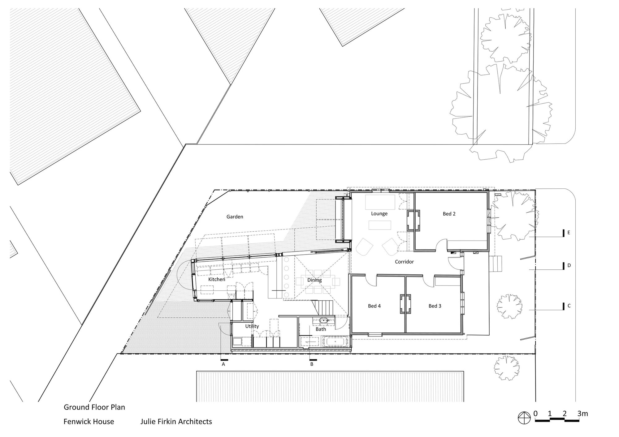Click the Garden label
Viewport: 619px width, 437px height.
point(235,217)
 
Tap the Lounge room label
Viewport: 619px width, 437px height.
point(379,214)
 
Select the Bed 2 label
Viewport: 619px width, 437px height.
point(449,214)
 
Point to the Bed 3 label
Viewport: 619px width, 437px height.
point(435,306)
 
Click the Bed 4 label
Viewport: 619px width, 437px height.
point(374,306)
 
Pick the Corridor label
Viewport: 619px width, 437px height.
point(404,262)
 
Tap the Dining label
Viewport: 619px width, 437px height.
point(314,280)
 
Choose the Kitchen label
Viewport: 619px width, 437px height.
point(217,279)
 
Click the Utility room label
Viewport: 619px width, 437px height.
point(252,326)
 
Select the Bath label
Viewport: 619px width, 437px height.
point(321,329)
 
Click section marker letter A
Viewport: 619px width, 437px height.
point(223,364)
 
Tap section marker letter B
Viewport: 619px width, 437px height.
point(312,364)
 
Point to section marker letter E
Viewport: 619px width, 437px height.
point(569,233)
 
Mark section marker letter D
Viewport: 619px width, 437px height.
point(569,265)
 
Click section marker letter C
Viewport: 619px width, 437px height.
point(569,306)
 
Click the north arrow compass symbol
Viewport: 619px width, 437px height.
point(524,418)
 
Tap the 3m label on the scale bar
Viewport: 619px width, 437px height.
point(582,413)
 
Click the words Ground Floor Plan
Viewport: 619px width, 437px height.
point(94,407)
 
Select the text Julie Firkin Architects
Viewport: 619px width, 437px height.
point(176,422)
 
